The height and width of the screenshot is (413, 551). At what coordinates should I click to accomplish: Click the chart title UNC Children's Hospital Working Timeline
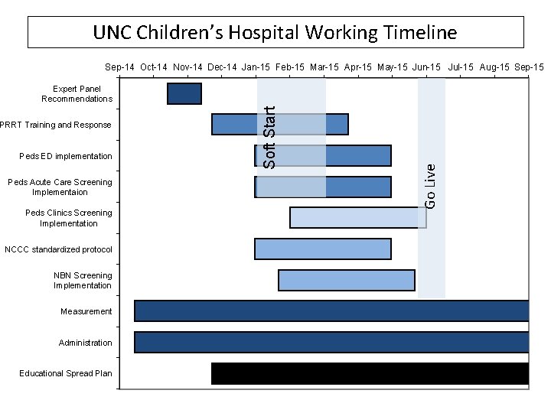coord(275,33)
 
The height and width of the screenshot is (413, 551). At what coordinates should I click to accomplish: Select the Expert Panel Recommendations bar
coord(184,93)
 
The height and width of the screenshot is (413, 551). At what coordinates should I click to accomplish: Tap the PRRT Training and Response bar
coord(280,124)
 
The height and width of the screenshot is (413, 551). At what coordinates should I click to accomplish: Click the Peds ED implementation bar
coord(322,155)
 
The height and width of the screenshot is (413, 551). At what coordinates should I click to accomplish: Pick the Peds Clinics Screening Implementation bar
coord(358,217)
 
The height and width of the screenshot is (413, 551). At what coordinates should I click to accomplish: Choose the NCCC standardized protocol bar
coord(322,249)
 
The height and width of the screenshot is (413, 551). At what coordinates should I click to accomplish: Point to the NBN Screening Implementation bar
coord(347,280)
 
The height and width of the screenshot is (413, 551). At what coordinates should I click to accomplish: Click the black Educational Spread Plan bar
coord(370,373)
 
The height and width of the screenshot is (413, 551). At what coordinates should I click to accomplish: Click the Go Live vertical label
coord(431,184)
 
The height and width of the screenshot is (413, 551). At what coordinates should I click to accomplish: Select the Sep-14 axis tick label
coord(121,67)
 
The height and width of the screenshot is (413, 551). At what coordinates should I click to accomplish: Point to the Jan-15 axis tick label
coord(256,67)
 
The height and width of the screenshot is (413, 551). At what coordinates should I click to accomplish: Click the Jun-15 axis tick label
coord(425,67)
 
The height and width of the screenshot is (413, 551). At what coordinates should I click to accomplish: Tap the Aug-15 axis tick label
coord(495,67)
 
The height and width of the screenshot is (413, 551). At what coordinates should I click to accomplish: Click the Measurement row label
coord(86,311)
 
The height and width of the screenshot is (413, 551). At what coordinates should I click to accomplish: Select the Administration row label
coord(85,343)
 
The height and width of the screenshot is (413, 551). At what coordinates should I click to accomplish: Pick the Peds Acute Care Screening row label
coord(59,187)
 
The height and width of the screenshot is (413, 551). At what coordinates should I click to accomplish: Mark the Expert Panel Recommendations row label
coord(77,93)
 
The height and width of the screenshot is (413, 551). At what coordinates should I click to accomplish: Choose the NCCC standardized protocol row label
coord(58,249)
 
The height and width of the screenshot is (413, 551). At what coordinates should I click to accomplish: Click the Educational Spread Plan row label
coord(66,374)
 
